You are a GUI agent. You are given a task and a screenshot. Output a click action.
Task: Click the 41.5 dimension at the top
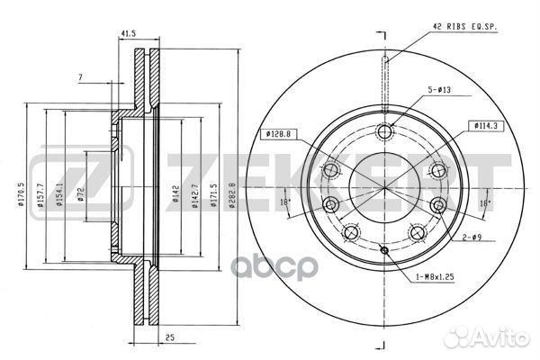[129, 35]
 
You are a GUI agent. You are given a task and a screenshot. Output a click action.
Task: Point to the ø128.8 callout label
[280, 135]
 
